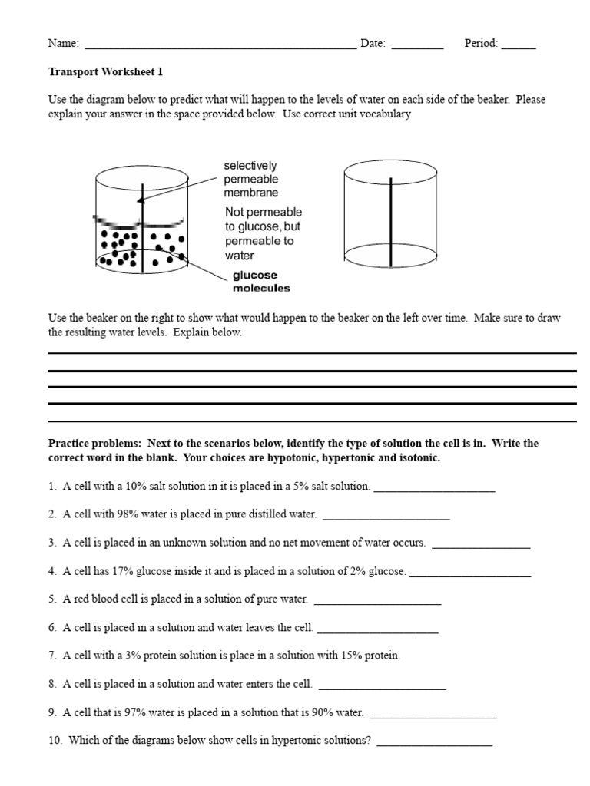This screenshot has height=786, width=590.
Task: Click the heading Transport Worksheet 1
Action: point(105,72)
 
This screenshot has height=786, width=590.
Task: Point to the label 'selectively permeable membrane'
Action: point(251,179)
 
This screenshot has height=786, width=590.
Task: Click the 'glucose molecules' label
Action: point(261,282)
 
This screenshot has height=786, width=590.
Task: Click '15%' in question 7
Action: point(354,656)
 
